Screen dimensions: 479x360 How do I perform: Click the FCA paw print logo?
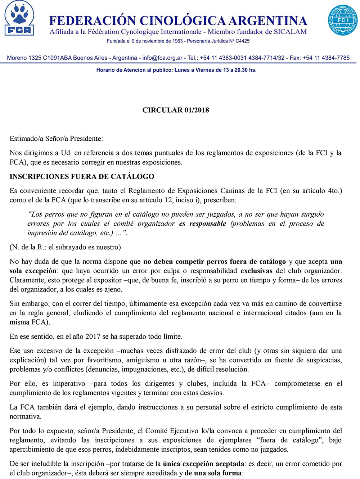pyautogui.click(x=19, y=19)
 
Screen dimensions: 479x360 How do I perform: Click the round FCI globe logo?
pyautogui.click(x=342, y=20)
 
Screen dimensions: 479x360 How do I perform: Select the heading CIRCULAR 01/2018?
pyautogui.click(x=176, y=110)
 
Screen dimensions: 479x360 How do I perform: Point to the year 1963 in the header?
pyautogui.click(x=177, y=41)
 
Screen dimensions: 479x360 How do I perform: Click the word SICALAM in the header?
pyautogui.click(x=290, y=32)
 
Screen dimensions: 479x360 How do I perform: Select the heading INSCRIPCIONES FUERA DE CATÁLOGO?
pyautogui.click(x=82, y=177)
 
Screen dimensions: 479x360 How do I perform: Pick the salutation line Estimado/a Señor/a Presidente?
pyautogui.click(x=56, y=139)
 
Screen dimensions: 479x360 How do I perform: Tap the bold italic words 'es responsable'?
pyautogui.click(x=202, y=223)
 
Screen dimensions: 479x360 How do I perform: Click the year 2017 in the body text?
pyautogui.click(x=93, y=336)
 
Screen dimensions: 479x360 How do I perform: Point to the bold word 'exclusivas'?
pyautogui.click(x=256, y=271)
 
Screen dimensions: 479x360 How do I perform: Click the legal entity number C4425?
pyautogui.click(x=242, y=41)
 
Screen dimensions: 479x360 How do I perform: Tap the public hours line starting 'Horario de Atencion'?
pyautogui.click(x=176, y=70)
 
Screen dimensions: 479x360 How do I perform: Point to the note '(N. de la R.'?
pyautogui.click(x=27, y=247)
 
